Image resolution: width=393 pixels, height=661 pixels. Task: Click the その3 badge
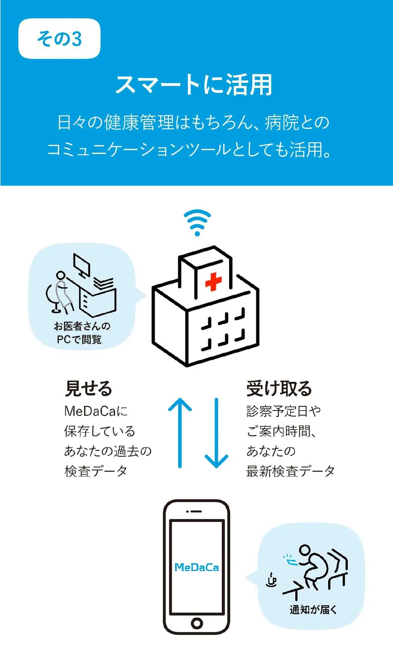tap(59, 39)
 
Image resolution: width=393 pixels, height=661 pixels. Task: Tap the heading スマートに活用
tap(194, 84)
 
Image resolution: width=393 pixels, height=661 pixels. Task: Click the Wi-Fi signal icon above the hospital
tap(197, 222)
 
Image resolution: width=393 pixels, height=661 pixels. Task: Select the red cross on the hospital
tap(213, 281)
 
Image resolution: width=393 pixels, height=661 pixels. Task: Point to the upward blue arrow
tap(180, 432)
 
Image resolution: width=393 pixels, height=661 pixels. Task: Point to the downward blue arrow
tap(216, 432)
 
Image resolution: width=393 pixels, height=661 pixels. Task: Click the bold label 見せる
tap(89, 388)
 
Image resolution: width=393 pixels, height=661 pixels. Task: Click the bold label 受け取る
tap(279, 388)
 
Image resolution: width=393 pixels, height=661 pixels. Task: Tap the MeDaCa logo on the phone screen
tap(196, 567)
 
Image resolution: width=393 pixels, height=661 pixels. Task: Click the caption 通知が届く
tap(313, 609)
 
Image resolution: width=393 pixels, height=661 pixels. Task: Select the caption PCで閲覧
tap(79, 339)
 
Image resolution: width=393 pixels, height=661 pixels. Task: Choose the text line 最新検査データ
tap(290, 471)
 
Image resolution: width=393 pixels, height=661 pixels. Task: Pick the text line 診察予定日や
tap(284, 411)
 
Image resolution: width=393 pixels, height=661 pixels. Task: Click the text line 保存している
tap(100, 431)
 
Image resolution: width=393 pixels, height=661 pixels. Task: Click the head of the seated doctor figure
tap(61, 276)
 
